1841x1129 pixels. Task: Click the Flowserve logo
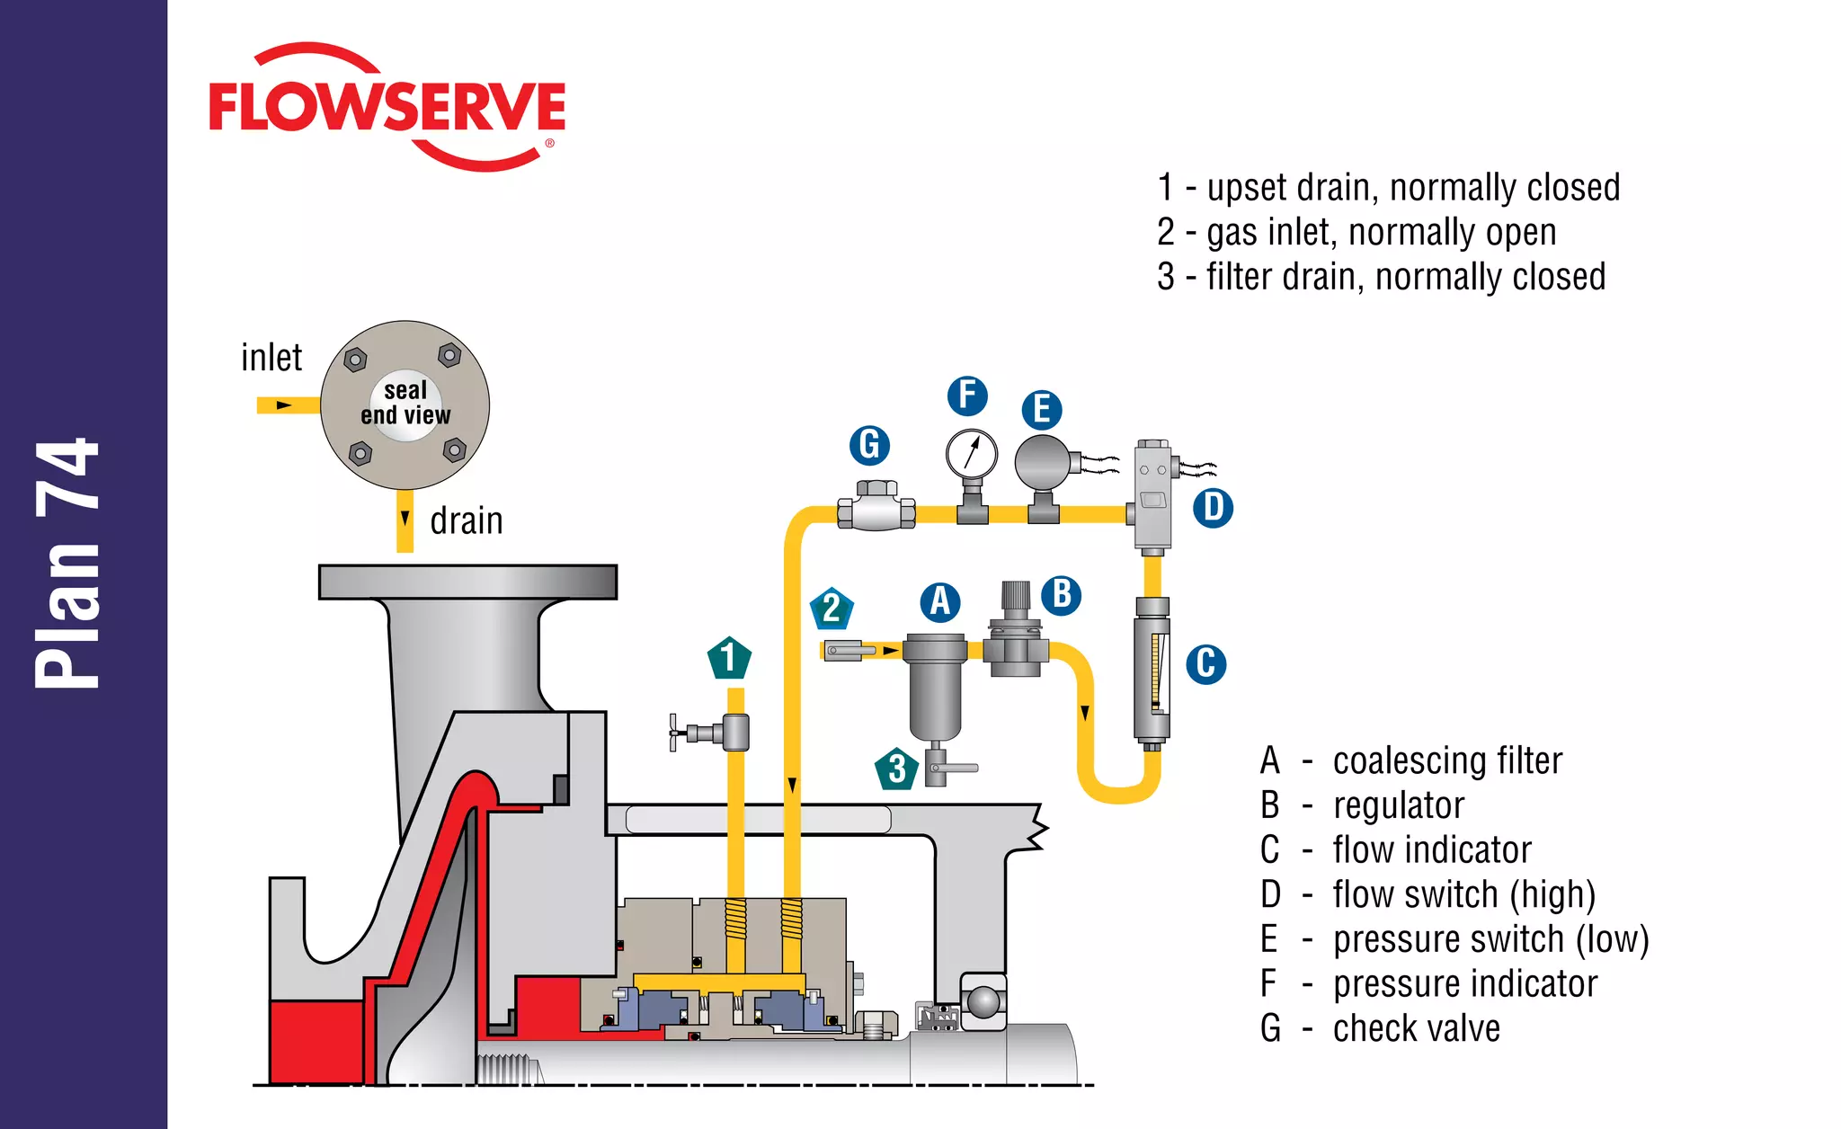(387, 106)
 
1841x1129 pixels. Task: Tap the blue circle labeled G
(869, 445)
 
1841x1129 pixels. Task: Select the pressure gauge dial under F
(971, 454)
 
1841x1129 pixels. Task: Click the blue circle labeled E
(1042, 409)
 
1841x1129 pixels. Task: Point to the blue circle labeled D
(1213, 508)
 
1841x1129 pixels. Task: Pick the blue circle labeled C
(1205, 664)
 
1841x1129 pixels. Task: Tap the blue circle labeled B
(1061, 595)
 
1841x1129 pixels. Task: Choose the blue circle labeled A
(940, 601)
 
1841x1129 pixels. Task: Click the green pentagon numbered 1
(729, 658)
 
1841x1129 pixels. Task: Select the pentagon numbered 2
(832, 609)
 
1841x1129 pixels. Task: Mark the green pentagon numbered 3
(896, 769)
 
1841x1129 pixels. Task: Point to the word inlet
(271, 358)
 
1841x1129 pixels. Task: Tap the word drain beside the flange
(466, 521)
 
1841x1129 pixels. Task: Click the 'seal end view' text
(405, 403)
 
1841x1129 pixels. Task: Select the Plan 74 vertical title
(67, 564)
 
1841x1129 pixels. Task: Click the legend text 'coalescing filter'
(1446, 760)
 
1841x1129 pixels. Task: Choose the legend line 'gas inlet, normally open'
(1381, 232)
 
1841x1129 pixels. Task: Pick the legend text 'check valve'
(1416, 1028)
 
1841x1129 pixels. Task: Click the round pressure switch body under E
(1043, 461)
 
